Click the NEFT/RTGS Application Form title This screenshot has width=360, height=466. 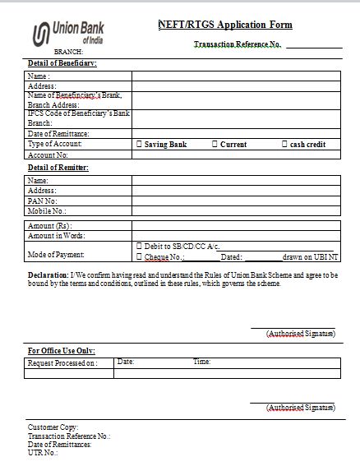tap(224, 25)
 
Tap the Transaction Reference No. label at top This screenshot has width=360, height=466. tap(237, 44)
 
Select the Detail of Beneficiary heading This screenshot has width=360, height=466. tap(62, 63)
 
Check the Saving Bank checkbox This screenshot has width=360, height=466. tap(139, 145)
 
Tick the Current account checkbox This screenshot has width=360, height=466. tap(215, 145)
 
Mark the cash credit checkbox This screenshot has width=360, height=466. tap(284, 145)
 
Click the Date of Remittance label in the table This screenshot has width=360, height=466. tap(58, 134)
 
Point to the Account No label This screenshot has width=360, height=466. tap(48, 155)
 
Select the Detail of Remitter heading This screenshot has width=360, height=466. tap(58, 168)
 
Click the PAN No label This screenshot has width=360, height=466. tap(42, 200)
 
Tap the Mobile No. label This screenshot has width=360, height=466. tap(47, 210)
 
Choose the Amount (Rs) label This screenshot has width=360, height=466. tap(49, 225)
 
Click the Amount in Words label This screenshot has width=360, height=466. tap(57, 236)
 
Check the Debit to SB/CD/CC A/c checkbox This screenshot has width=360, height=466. tap(138, 247)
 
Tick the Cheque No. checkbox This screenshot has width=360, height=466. tap(138, 256)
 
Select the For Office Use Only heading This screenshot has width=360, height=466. tap(62, 351)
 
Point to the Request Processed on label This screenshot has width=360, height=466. tap(62, 362)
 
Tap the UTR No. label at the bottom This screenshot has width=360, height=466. tap(43, 453)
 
